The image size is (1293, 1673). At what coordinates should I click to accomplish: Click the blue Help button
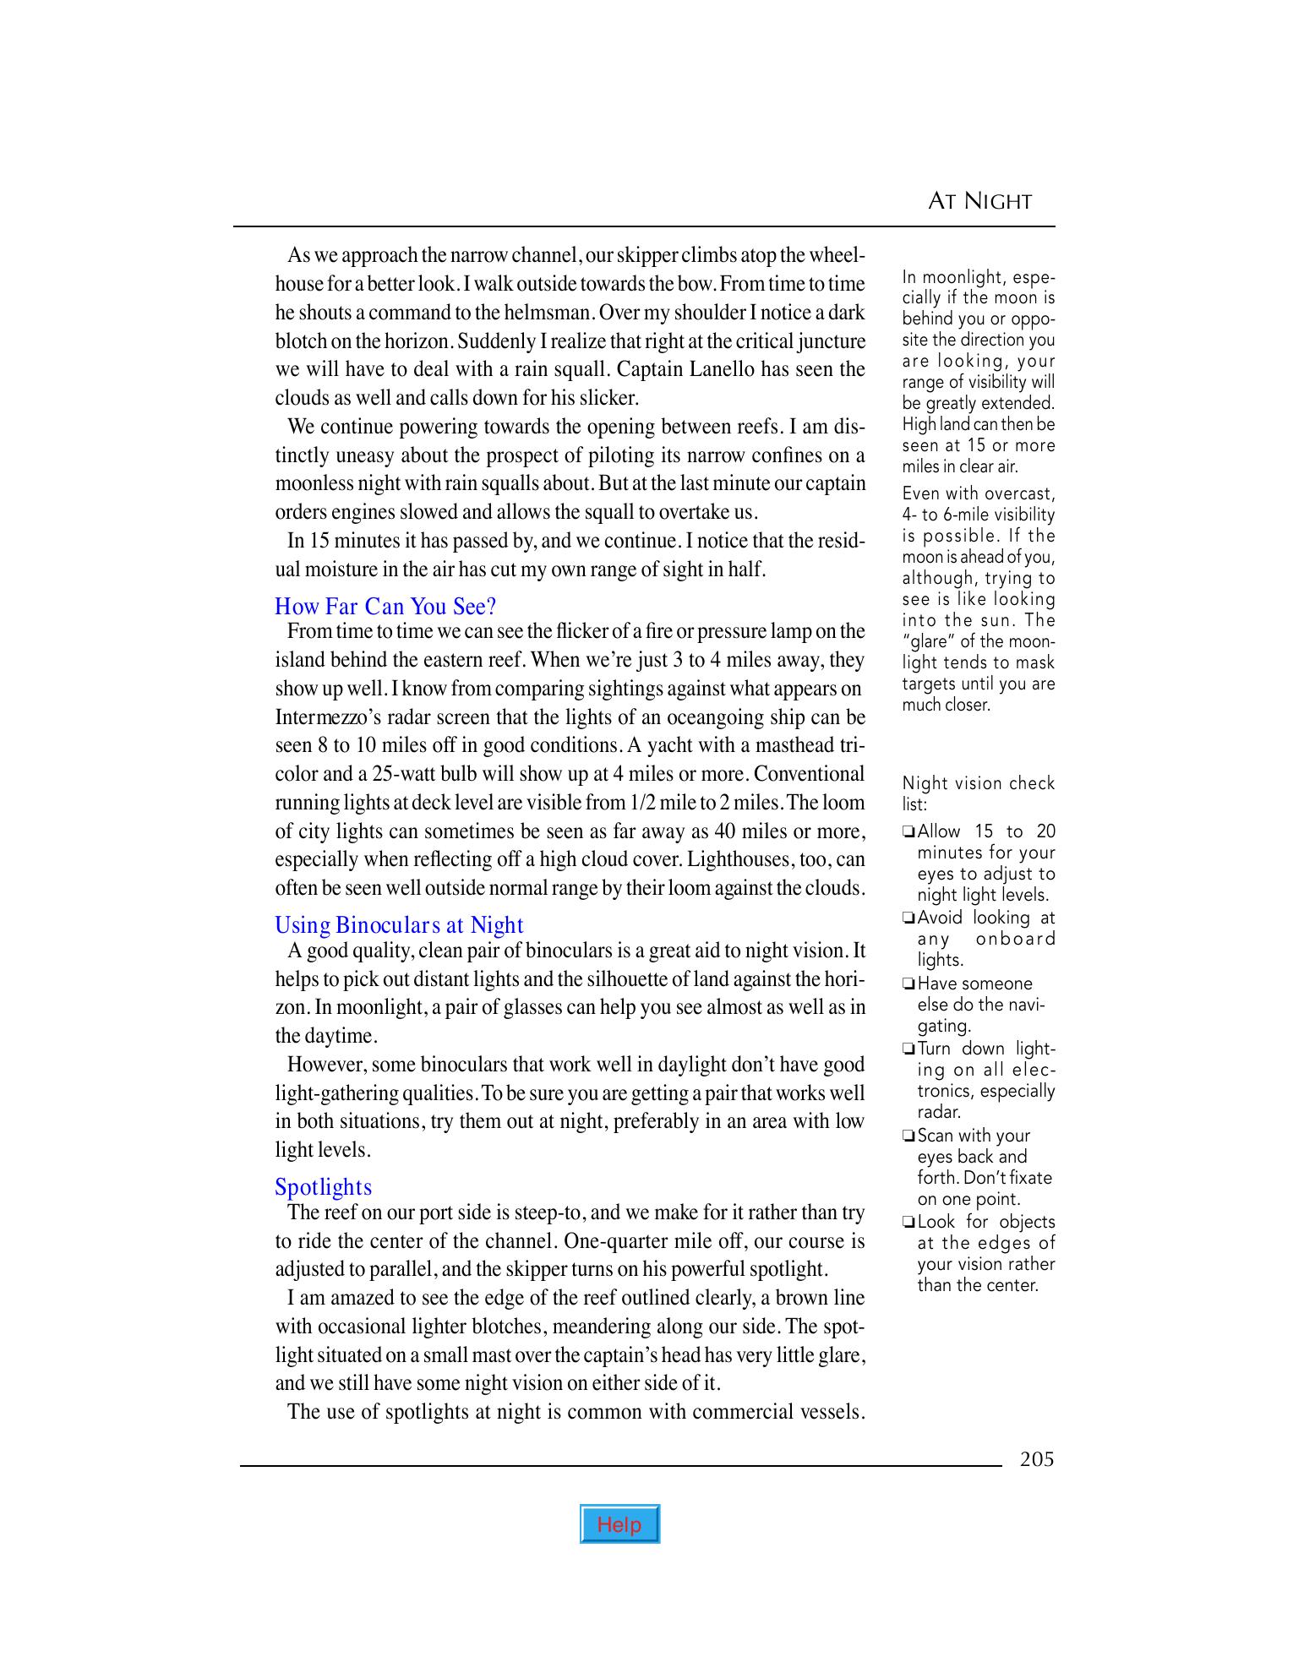(x=619, y=1524)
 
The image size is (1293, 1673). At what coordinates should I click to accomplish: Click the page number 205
(x=1037, y=1459)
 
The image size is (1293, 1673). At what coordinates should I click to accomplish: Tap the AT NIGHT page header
(x=979, y=201)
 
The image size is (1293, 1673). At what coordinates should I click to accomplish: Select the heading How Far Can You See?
(x=385, y=606)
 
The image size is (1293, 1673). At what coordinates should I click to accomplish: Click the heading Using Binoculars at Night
(x=399, y=924)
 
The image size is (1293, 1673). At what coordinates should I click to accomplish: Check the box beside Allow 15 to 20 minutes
(x=908, y=832)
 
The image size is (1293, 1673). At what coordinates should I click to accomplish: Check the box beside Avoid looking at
(x=908, y=918)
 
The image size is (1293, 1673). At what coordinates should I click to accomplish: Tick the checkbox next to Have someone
(x=908, y=984)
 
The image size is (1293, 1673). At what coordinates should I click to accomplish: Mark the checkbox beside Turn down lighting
(x=908, y=1049)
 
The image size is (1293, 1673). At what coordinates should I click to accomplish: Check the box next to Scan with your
(x=908, y=1136)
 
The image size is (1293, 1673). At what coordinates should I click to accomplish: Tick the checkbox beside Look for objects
(x=908, y=1223)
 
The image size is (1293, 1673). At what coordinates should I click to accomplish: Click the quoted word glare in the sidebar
(x=928, y=641)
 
